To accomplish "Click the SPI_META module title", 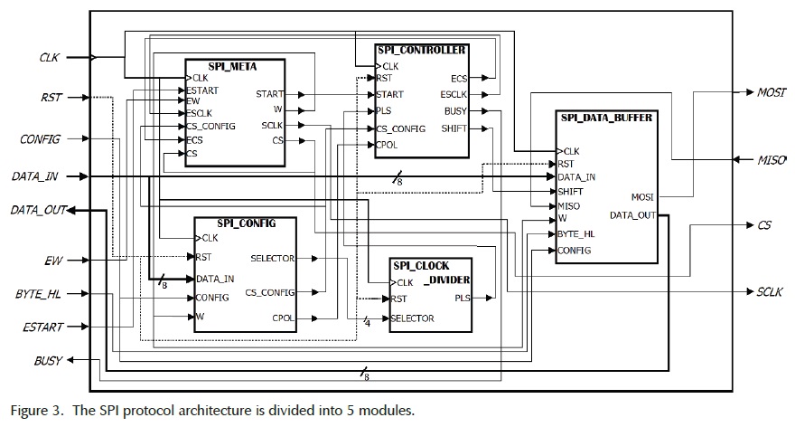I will point(234,65).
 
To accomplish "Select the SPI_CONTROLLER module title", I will point(422,50).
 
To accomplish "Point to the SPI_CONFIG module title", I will point(246,223).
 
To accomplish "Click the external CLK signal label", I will point(49,57).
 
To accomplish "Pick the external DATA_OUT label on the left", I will point(39,210).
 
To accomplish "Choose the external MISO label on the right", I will point(770,160).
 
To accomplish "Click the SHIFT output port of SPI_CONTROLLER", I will point(454,128).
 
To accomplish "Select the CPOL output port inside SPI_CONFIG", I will point(283,317).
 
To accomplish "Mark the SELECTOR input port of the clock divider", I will point(414,318).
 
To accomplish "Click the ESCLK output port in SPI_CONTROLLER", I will point(454,94).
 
